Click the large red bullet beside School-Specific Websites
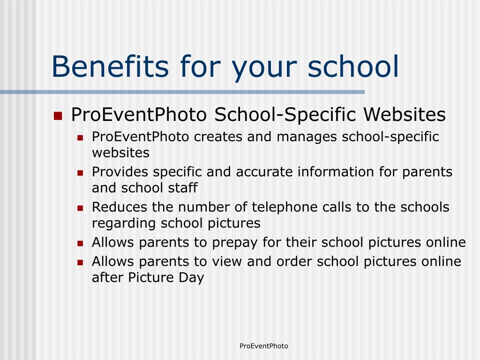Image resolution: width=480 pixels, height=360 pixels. (x=58, y=116)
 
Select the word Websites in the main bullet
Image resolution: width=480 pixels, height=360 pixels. (x=405, y=114)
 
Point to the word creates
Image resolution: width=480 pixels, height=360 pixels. (x=218, y=137)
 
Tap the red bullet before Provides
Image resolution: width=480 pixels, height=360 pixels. (x=80, y=173)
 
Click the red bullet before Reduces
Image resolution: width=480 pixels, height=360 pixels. (x=80, y=208)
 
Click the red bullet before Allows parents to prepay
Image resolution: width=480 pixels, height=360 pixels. (x=80, y=244)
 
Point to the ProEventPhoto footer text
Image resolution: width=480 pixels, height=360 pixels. (x=264, y=346)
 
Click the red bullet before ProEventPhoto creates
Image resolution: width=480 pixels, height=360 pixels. (x=80, y=138)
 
